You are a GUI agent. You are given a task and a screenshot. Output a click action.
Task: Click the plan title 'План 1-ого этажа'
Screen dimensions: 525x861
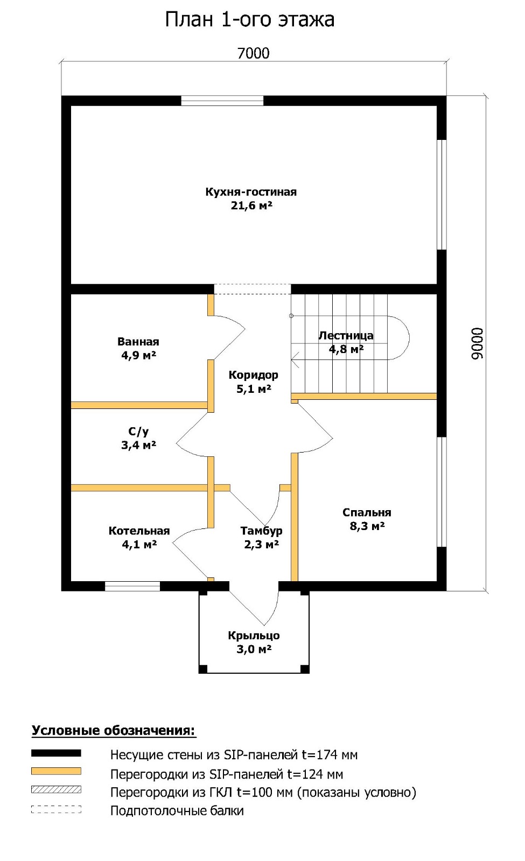click(x=250, y=20)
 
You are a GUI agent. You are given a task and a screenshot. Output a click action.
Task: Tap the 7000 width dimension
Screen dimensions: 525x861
click(x=254, y=53)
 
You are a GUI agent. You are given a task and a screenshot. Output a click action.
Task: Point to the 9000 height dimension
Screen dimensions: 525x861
click(x=477, y=344)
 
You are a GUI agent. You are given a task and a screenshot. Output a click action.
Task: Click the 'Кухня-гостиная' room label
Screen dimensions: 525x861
click(x=251, y=192)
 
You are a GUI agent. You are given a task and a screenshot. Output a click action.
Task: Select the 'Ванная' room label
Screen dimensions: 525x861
click(x=138, y=342)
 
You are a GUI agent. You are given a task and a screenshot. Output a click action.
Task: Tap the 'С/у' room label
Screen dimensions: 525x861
click(x=138, y=432)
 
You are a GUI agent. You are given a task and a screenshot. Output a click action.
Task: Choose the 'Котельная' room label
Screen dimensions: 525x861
click(x=139, y=531)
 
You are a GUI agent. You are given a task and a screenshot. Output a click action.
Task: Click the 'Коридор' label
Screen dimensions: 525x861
click(x=254, y=375)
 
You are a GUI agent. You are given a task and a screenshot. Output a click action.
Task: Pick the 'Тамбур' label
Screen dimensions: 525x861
click(x=262, y=531)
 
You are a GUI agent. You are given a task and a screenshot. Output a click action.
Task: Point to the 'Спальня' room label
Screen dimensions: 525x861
click(x=367, y=512)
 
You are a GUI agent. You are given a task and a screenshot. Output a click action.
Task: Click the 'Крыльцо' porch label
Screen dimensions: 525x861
click(x=254, y=636)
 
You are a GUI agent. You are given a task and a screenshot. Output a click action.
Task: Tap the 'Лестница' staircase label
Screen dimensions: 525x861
click(x=346, y=336)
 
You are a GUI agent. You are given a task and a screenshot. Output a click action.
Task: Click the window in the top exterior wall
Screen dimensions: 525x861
click(x=222, y=101)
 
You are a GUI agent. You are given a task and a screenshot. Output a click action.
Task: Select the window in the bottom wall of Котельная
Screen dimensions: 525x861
click(x=132, y=586)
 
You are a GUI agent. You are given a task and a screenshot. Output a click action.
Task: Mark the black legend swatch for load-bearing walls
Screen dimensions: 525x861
click(x=56, y=753)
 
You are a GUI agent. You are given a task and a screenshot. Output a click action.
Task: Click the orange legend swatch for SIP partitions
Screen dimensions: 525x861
click(x=56, y=772)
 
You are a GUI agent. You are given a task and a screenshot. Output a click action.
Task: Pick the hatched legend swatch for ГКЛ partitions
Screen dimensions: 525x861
click(x=56, y=790)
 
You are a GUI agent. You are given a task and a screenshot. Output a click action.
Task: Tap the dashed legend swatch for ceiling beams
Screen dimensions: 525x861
click(x=56, y=808)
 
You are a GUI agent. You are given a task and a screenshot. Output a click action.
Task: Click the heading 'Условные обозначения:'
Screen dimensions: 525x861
click(x=114, y=730)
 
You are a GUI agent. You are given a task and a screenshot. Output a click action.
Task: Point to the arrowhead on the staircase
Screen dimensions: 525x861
click(x=296, y=360)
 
